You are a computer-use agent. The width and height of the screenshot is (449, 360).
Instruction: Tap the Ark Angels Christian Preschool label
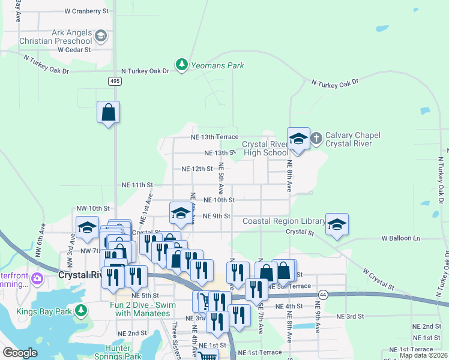pos(72,37)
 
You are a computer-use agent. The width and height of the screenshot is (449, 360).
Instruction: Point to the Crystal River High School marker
pos(298,140)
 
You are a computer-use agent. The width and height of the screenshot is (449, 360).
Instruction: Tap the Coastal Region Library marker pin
pos(337,225)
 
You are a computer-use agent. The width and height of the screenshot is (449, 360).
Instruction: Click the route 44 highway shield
pos(323,295)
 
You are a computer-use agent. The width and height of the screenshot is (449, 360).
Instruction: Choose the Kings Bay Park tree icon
pos(80,311)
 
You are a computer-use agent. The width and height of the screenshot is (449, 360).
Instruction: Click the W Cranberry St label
pos(86,11)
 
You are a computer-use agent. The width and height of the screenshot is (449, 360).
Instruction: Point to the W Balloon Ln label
pos(401,238)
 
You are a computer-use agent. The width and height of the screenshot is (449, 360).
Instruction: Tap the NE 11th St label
pos(137,185)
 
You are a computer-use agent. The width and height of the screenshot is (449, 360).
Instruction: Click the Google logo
pos(20,353)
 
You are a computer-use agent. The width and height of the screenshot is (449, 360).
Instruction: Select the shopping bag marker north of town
pos(108,112)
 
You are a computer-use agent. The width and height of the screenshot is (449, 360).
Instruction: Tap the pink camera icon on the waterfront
pos(37,278)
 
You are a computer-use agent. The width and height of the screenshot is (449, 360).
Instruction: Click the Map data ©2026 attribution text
pos(423,355)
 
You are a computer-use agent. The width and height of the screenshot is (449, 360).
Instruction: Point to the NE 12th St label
pos(197,169)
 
